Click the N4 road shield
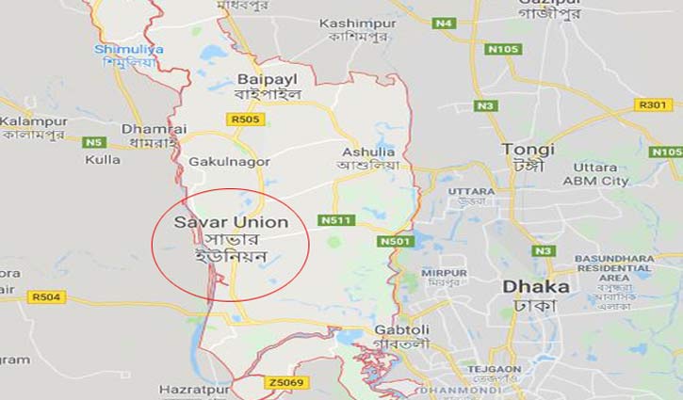[x=445, y=23]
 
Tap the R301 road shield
[x=653, y=104]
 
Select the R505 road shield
[x=246, y=120]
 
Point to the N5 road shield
[x=93, y=142]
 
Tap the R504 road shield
[x=46, y=297]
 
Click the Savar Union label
[x=221, y=222]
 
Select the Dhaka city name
[x=535, y=286]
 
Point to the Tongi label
[x=528, y=150]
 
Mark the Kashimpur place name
[x=354, y=23]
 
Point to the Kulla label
[x=103, y=159]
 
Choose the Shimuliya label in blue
[x=128, y=49]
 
